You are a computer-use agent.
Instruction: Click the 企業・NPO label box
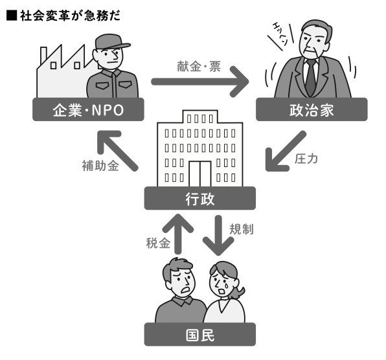click(x=88, y=109)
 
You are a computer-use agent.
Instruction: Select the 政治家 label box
click(x=312, y=109)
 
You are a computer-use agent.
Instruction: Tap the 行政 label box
click(x=200, y=198)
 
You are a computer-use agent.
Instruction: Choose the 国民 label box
click(x=200, y=334)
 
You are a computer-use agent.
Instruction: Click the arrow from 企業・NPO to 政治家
click(x=200, y=82)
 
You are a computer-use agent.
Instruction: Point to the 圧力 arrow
click(x=286, y=151)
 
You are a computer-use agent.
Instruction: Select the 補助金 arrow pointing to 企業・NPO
click(x=118, y=151)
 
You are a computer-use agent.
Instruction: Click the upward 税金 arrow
click(x=177, y=234)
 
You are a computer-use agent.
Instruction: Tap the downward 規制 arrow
click(x=218, y=236)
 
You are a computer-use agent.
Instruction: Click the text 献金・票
click(x=199, y=67)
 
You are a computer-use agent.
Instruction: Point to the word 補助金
click(x=100, y=165)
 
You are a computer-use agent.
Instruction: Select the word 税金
click(x=158, y=243)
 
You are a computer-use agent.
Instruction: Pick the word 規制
click(x=242, y=229)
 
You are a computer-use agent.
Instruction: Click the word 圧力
click(x=306, y=159)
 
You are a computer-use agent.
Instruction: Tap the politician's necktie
click(x=311, y=77)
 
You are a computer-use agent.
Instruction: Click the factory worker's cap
click(x=112, y=42)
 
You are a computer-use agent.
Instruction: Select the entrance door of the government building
click(x=200, y=174)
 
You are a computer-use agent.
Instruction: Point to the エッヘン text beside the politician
click(x=280, y=34)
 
